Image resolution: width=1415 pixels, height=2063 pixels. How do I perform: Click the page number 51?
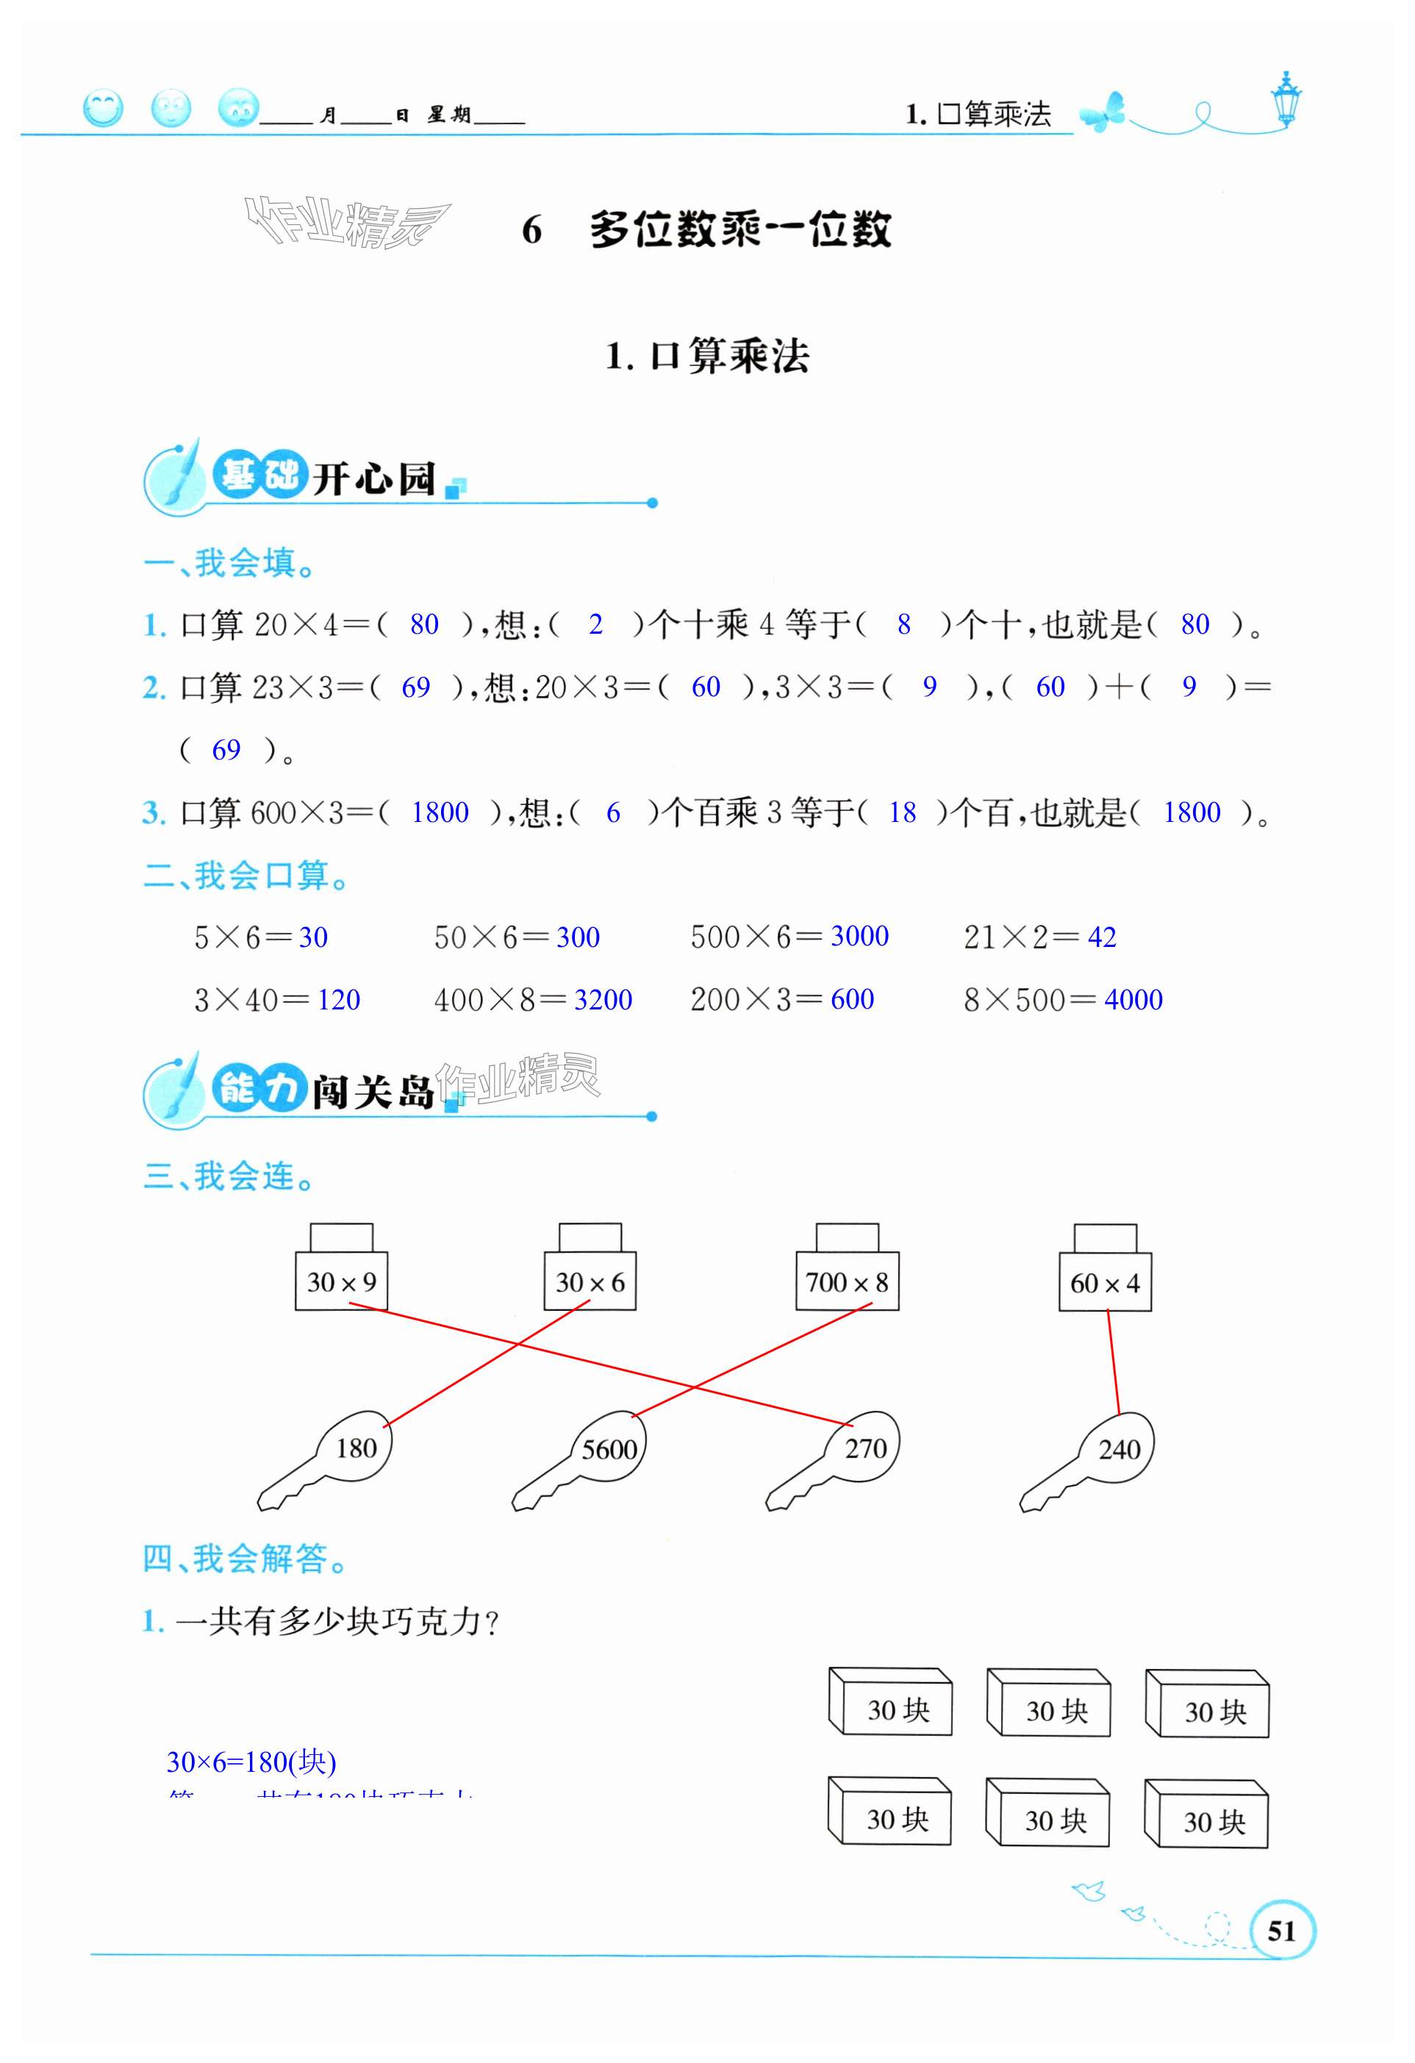[1281, 1931]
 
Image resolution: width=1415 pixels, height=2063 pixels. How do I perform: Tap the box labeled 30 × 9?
[341, 1281]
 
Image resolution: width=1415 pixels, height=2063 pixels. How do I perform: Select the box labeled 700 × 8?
[846, 1281]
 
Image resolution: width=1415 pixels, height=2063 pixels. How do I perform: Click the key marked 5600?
[609, 1448]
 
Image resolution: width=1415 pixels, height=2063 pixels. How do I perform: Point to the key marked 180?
[355, 1448]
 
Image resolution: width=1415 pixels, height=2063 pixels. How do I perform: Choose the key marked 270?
[865, 1448]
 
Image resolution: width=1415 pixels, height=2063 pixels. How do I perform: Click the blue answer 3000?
[859, 936]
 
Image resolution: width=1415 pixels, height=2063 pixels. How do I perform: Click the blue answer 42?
[1102, 937]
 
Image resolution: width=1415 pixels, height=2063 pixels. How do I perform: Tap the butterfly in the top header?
[1103, 112]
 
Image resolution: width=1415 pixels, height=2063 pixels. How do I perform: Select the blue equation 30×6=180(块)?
[251, 1761]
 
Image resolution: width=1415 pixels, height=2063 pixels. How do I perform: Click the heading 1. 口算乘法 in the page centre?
[706, 356]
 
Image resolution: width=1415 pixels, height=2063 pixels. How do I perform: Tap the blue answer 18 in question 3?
[902, 812]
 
